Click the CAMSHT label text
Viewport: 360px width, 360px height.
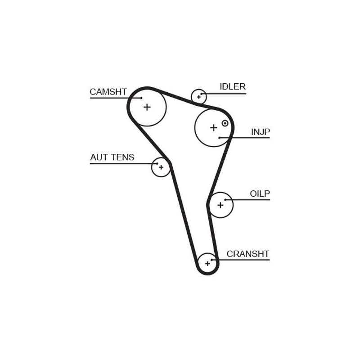[x=108, y=92]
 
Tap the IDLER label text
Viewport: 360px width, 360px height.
[x=233, y=86]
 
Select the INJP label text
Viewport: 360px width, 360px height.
[x=261, y=132]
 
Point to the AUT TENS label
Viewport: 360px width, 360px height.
[x=112, y=157]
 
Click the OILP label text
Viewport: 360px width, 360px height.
[x=260, y=194]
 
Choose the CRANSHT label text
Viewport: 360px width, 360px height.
[x=248, y=254]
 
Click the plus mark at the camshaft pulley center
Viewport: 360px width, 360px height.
[x=147, y=107]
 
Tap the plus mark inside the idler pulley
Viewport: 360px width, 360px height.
[x=199, y=97]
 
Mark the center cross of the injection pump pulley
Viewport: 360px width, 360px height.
[x=214, y=128]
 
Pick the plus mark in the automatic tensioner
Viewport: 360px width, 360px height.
[x=161, y=167]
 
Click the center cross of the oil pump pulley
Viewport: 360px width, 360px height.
[x=220, y=205]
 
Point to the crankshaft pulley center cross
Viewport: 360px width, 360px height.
[x=207, y=264]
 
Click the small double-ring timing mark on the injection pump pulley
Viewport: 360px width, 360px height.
[x=225, y=123]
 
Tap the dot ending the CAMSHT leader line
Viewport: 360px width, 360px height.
[x=141, y=98]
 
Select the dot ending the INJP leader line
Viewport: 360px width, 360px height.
[x=220, y=138]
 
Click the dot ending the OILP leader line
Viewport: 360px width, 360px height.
[x=225, y=200]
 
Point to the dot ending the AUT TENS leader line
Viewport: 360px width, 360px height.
[x=157, y=164]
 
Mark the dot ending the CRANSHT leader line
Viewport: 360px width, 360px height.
[x=211, y=260]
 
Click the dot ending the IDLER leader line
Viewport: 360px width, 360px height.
[x=201, y=94]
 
